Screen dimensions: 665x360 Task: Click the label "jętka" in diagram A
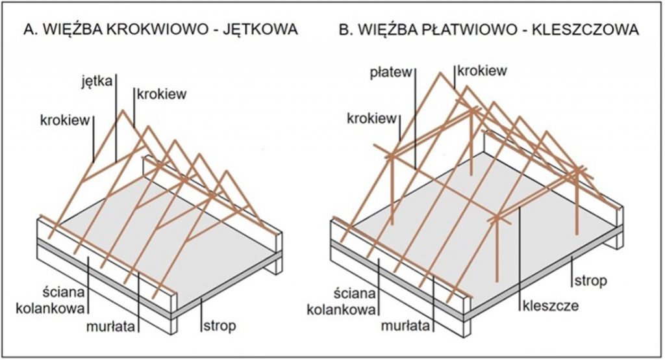[x=97, y=81]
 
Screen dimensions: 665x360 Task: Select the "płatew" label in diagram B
[x=391, y=72]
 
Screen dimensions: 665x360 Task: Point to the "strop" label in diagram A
[x=220, y=326]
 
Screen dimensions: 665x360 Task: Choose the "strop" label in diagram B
[x=591, y=281]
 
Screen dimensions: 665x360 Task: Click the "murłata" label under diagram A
[x=110, y=327]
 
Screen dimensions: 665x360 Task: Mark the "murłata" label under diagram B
[x=405, y=326]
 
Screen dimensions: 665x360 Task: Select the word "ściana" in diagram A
[x=64, y=292]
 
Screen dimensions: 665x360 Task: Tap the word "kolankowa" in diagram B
[x=342, y=309]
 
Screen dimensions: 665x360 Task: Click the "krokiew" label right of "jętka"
[x=162, y=94]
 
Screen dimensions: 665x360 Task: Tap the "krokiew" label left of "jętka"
[x=65, y=120]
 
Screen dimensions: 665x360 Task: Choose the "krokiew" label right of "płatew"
[x=482, y=70]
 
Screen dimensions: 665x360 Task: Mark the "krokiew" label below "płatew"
[x=371, y=118]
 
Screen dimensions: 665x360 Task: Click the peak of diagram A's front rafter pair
[x=123, y=110]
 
